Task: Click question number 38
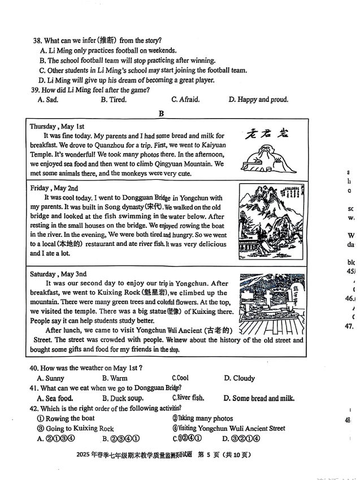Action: click(37, 41)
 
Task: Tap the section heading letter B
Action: click(161, 113)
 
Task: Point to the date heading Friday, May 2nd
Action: click(54, 188)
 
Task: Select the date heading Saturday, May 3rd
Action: click(58, 274)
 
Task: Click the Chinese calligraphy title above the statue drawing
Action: click(267, 133)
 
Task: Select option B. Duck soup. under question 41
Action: click(123, 398)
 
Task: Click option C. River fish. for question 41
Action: click(188, 398)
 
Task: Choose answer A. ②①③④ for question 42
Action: click(56, 438)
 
